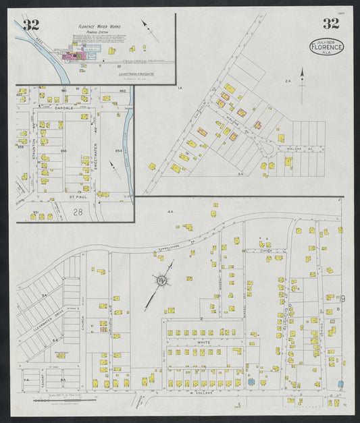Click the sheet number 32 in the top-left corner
coord(30,26)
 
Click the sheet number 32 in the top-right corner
coord(330,24)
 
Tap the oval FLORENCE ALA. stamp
coord(326,47)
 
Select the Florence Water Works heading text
coord(100,31)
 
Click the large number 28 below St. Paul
coord(78,212)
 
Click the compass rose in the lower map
coord(162,280)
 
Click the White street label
coord(204,343)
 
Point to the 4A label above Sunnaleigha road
coord(171,212)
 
